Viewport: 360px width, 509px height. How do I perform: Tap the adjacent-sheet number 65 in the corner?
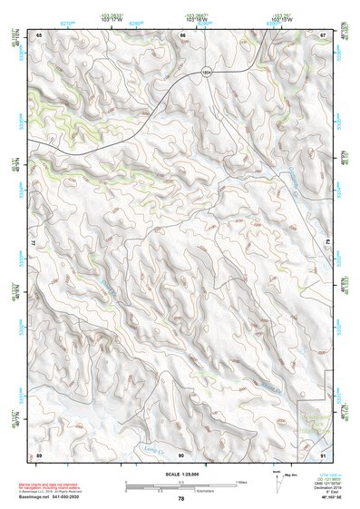point(39,34)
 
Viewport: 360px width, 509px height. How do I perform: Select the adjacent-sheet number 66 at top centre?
point(182,34)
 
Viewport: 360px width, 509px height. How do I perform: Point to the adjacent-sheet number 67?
point(323,34)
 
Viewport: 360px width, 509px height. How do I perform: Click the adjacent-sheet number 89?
point(39,454)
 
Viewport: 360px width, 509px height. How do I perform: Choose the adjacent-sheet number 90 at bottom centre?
point(181,454)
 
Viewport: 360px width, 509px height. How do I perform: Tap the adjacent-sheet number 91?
point(323,454)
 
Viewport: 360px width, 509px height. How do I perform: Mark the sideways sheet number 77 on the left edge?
point(34,244)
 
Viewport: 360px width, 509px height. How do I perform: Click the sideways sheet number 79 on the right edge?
point(328,244)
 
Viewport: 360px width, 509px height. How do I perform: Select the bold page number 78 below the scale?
point(181,499)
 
